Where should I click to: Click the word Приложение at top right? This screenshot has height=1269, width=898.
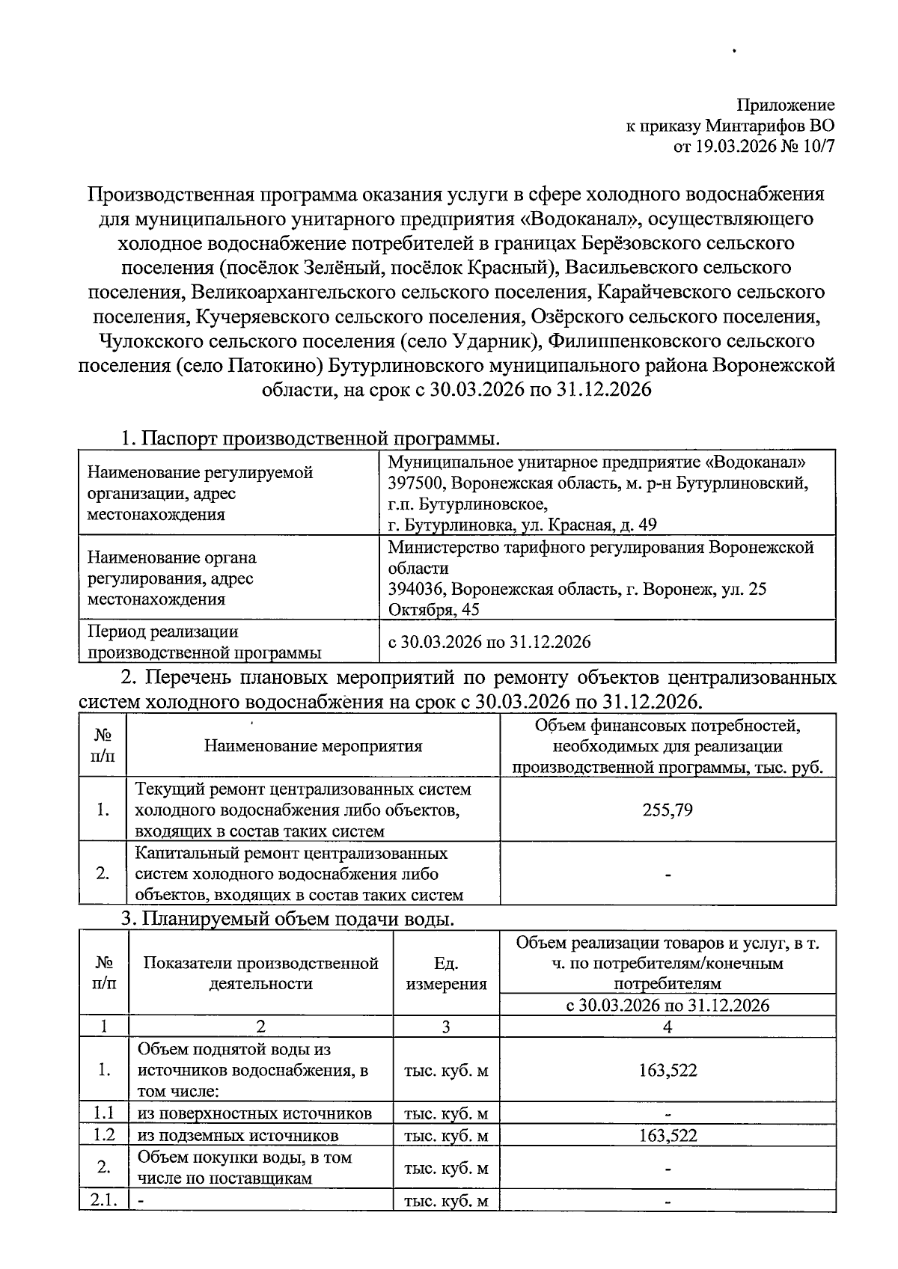(785, 106)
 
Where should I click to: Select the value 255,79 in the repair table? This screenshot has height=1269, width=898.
(668, 810)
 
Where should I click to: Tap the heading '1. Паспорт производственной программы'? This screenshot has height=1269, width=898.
(311, 438)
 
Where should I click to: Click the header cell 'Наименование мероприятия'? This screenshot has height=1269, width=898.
(313, 746)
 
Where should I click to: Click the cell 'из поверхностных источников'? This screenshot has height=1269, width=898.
(254, 1113)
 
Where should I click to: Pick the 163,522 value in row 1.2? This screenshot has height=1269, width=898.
(668, 1136)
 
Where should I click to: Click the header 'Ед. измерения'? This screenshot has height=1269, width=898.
(446, 973)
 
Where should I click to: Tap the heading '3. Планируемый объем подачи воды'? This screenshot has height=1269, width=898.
(287, 918)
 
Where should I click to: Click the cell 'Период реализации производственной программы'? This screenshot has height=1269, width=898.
(204, 642)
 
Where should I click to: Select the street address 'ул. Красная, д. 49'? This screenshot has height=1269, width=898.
(587, 525)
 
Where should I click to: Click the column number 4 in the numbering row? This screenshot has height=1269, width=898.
(668, 1027)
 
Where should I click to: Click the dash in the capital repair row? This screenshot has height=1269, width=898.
(668, 874)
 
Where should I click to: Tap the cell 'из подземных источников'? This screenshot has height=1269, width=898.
(238, 1136)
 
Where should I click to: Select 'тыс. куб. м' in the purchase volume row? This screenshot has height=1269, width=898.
(446, 1168)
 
